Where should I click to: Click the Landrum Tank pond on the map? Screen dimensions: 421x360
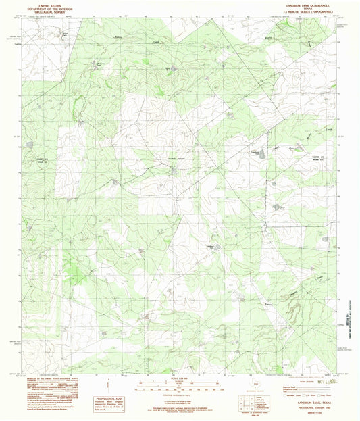(x=174, y=168)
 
